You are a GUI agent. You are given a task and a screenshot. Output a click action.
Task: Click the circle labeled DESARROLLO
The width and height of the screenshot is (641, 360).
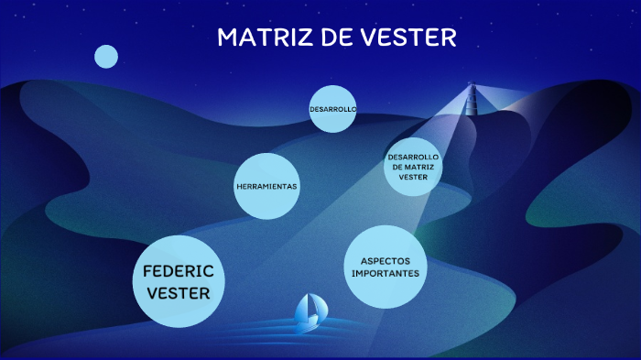[331, 109]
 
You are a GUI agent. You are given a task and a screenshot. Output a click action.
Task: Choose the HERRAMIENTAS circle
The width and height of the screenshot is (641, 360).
[266, 187]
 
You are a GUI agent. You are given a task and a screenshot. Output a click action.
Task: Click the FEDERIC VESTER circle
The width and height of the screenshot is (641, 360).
[178, 281]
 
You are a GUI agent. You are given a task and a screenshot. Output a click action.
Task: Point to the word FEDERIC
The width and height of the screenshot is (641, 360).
[178, 271]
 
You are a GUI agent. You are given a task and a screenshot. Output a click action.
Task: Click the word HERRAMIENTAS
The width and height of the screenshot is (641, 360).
[266, 187]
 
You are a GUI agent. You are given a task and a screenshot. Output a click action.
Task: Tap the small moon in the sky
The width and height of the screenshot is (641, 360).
[106, 57]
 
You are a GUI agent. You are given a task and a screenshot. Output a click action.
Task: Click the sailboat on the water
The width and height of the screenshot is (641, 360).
[308, 314]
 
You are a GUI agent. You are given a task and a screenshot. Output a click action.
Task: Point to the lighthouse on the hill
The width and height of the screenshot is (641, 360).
[473, 101]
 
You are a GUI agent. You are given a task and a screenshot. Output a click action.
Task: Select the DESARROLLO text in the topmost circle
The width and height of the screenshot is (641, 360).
[331, 109]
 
